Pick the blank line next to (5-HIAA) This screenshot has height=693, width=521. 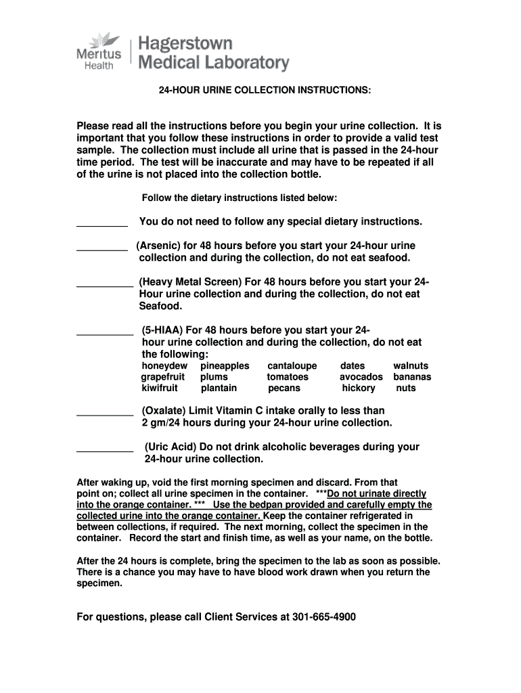105,333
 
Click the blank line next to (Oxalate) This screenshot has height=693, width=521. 105,413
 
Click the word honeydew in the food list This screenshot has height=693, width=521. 164,366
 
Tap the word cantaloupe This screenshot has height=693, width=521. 292,366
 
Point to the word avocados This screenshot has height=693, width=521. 361,377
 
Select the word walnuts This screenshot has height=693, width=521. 411,366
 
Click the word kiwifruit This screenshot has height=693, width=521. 160,388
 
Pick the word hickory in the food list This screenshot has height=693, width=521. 359,388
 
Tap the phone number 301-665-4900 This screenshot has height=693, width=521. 324,617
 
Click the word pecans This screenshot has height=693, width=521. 284,388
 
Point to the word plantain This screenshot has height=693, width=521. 219,388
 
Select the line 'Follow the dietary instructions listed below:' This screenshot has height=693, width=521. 239,198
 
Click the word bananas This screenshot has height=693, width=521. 412,377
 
